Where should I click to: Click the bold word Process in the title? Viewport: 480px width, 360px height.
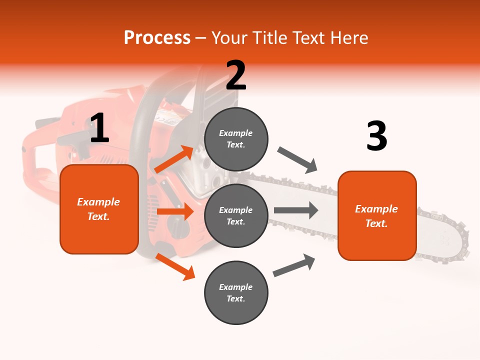point(157,38)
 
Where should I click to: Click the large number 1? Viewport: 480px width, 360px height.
point(99,128)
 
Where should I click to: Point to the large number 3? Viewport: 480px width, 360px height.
point(376,136)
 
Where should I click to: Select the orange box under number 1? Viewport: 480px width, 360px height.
point(99,209)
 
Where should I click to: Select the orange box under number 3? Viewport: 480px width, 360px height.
point(377,215)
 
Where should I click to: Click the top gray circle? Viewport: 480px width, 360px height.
point(236,139)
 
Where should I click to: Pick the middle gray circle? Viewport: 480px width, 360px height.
point(236,215)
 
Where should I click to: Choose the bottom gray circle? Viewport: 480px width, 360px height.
point(236,292)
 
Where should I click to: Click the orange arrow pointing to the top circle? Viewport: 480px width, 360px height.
point(174,159)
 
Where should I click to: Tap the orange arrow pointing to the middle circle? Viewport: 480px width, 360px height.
point(175,211)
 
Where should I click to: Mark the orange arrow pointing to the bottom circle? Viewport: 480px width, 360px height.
point(175,266)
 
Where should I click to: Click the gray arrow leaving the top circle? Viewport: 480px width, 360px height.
point(297,160)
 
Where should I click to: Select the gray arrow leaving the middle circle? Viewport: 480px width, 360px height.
point(296,210)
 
